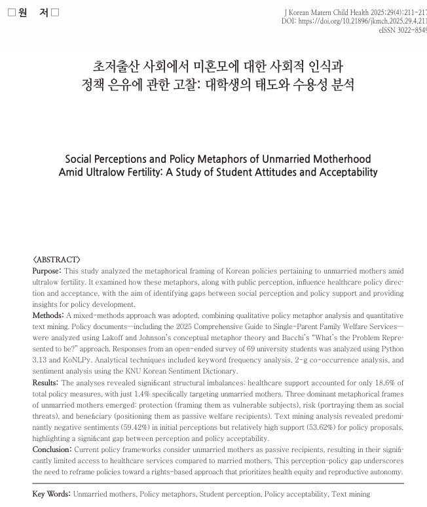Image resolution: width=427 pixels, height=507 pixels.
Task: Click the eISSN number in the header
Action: (x=403, y=30)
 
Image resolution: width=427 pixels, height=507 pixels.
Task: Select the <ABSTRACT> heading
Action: (x=57, y=260)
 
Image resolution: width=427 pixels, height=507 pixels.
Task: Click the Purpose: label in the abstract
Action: (x=47, y=270)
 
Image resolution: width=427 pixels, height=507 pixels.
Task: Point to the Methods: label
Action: (x=48, y=315)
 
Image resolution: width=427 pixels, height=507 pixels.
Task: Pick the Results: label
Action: (x=46, y=383)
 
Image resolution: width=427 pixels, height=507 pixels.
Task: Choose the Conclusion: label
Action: (x=52, y=449)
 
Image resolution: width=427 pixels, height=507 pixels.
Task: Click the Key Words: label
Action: (x=52, y=494)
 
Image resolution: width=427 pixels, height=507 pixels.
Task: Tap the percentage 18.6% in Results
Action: (x=388, y=383)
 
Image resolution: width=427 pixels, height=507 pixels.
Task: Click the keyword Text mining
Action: (x=350, y=494)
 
